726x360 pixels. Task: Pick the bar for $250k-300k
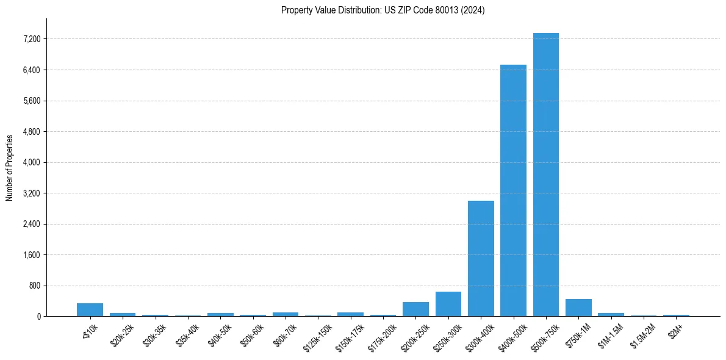tap(448, 304)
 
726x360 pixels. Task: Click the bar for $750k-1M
tap(578, 308)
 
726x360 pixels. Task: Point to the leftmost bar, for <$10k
tap(90, 310)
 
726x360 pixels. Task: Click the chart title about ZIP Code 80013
tap(383, 10)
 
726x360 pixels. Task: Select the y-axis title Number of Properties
tap(10, 167)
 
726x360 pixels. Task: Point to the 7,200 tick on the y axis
tap(31, 39)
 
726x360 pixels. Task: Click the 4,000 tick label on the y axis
tap(31, 162)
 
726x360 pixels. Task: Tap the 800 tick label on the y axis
tap(34, 286)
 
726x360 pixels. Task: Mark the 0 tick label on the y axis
tap(38, 317)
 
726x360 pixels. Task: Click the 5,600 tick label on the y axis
tap(31, 101)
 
